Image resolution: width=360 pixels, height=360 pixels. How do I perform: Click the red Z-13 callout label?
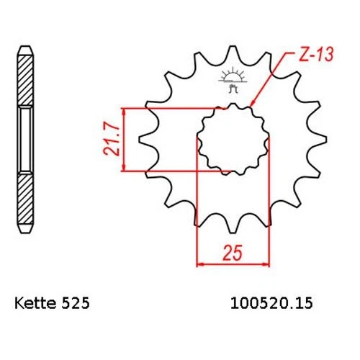(317, 55)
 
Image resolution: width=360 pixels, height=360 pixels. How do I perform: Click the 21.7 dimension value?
(112, 140)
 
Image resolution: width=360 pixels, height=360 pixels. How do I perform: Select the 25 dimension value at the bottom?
(233, 253)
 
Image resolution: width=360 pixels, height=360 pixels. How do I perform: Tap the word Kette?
(35, 303)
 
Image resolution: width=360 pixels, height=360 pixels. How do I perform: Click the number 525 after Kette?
(76, 303)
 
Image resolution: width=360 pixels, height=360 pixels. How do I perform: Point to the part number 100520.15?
(271, 303)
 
